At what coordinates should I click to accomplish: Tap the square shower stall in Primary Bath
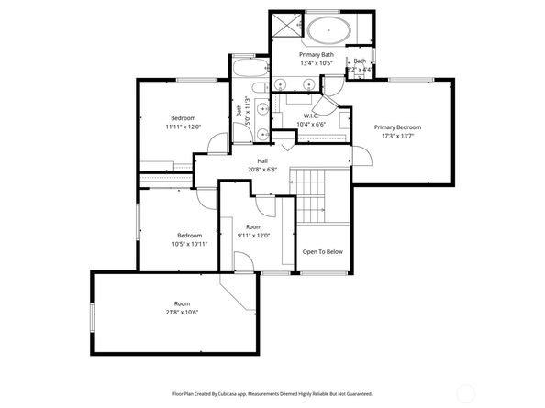tap(287, 27)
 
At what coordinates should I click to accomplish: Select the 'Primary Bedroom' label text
tap(397, 127)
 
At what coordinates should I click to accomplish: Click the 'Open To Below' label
tap(323, 251)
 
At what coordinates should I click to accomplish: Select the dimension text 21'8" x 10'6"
tap(174, 313)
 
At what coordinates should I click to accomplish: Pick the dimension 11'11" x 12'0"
tap(184, 127)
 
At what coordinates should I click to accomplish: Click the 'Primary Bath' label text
tap(316, 54)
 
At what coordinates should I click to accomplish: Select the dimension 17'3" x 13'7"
tap(397, 137)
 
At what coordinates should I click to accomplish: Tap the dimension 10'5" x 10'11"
tap(190, 244)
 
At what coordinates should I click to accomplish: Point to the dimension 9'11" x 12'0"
tap(253, 236)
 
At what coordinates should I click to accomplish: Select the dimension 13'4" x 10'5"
tap(316, 63)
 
